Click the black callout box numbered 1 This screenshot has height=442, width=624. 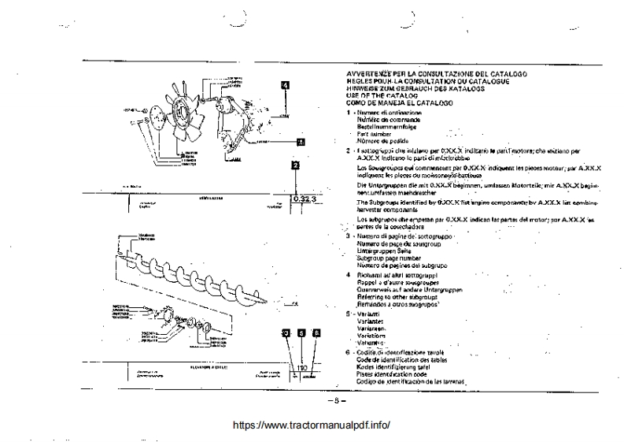coord(300,143)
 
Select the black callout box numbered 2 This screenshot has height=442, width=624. coord(294,165)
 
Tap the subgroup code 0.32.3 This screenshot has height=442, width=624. coord(303,199)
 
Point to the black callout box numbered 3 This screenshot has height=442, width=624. coord(286,333)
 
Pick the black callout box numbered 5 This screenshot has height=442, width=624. coord(301,333)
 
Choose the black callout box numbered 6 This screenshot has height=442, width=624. coord(316,333)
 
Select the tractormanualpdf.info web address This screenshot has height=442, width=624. coord(312,425)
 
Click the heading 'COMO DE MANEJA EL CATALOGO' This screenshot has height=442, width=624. coord(398,103)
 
